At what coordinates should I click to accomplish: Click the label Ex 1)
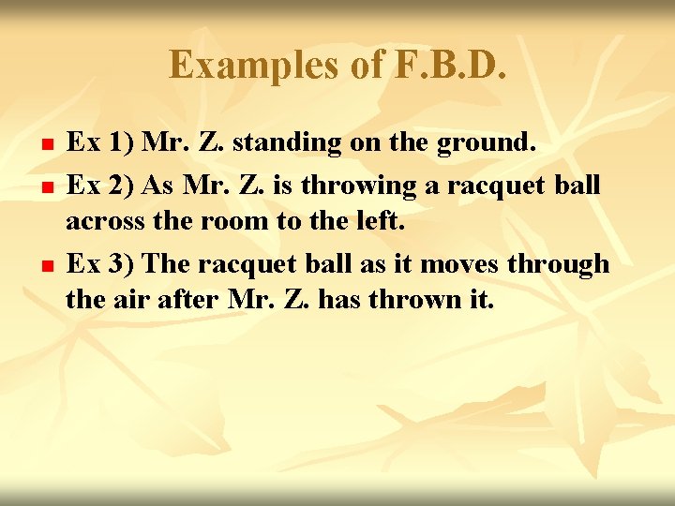[101, 143]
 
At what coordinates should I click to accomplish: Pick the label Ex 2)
[101, 186]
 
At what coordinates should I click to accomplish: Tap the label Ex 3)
[101, 264]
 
